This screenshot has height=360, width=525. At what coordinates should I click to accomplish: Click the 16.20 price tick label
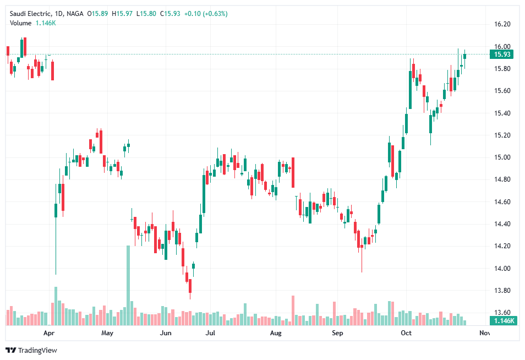click(502, 24)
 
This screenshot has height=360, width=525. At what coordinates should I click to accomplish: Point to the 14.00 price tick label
click(502, 269)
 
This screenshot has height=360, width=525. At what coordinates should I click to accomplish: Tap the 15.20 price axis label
click(502, 135)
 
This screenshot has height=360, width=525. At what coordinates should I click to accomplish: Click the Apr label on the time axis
click(49, 333)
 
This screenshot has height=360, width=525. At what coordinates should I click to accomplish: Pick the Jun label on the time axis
click(165, 333)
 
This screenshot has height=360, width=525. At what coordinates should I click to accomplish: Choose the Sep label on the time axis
click(337, 333)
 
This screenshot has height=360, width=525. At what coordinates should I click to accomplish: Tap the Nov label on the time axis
click(484, 333)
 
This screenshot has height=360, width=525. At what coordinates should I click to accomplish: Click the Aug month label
click(276, 333)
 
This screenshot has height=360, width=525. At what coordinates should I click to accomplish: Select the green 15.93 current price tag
click(503, 54)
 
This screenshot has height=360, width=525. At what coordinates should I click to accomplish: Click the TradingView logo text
click(37, 350)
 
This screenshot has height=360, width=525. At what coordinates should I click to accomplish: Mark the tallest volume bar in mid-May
click(128, 285)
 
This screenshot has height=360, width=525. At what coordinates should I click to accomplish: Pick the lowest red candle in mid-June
click(190, 285)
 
